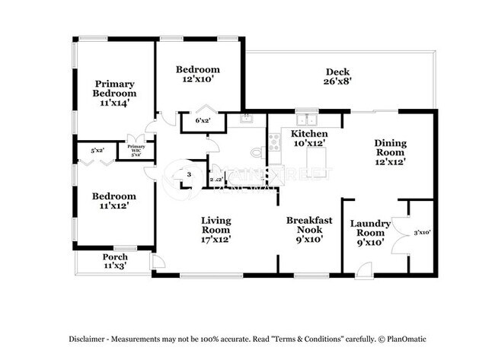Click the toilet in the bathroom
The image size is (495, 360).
(x=257, y=152)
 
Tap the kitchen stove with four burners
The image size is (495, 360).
(x=275, y=142)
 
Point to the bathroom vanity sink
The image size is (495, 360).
(x=246, y=119)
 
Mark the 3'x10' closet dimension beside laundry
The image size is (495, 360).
(x=421, y=232)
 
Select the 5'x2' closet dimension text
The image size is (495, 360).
(x=97, y=150)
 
